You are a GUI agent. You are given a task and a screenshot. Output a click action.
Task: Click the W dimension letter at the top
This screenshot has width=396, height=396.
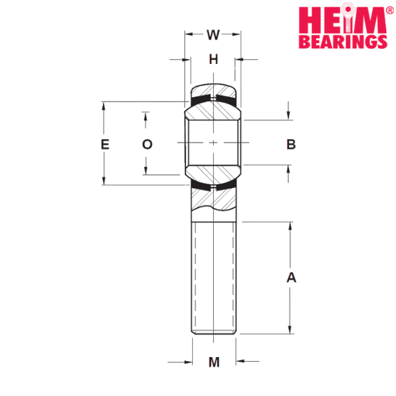coord(213,34)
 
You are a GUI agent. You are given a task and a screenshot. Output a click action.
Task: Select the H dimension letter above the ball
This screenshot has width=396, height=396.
coord(213,59)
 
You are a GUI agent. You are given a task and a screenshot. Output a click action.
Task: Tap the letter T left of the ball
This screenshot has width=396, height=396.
coord(147,119)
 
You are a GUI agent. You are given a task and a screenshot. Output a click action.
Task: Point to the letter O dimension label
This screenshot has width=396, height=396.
coord(147,144)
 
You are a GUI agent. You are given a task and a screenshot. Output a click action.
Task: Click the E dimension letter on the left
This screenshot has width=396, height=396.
coord(104,145)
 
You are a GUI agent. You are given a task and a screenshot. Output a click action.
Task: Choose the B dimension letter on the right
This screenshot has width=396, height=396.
coord(291,144)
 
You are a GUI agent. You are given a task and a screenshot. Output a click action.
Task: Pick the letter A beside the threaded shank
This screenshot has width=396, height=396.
coord(291,278)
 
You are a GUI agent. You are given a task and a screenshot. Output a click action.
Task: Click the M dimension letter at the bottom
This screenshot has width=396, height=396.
coord(214,362)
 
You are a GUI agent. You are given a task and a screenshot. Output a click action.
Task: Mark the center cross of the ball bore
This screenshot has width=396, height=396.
coord(213,143)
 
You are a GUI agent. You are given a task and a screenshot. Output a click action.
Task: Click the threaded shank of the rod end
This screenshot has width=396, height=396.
coord(214,277)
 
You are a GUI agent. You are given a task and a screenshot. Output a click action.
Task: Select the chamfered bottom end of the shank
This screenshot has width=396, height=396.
coord(214,332)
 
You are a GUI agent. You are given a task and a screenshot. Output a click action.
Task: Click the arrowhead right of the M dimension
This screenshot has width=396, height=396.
coord(241,361)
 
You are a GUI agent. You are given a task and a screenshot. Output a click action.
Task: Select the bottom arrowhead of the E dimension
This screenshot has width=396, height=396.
coord(103,180)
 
